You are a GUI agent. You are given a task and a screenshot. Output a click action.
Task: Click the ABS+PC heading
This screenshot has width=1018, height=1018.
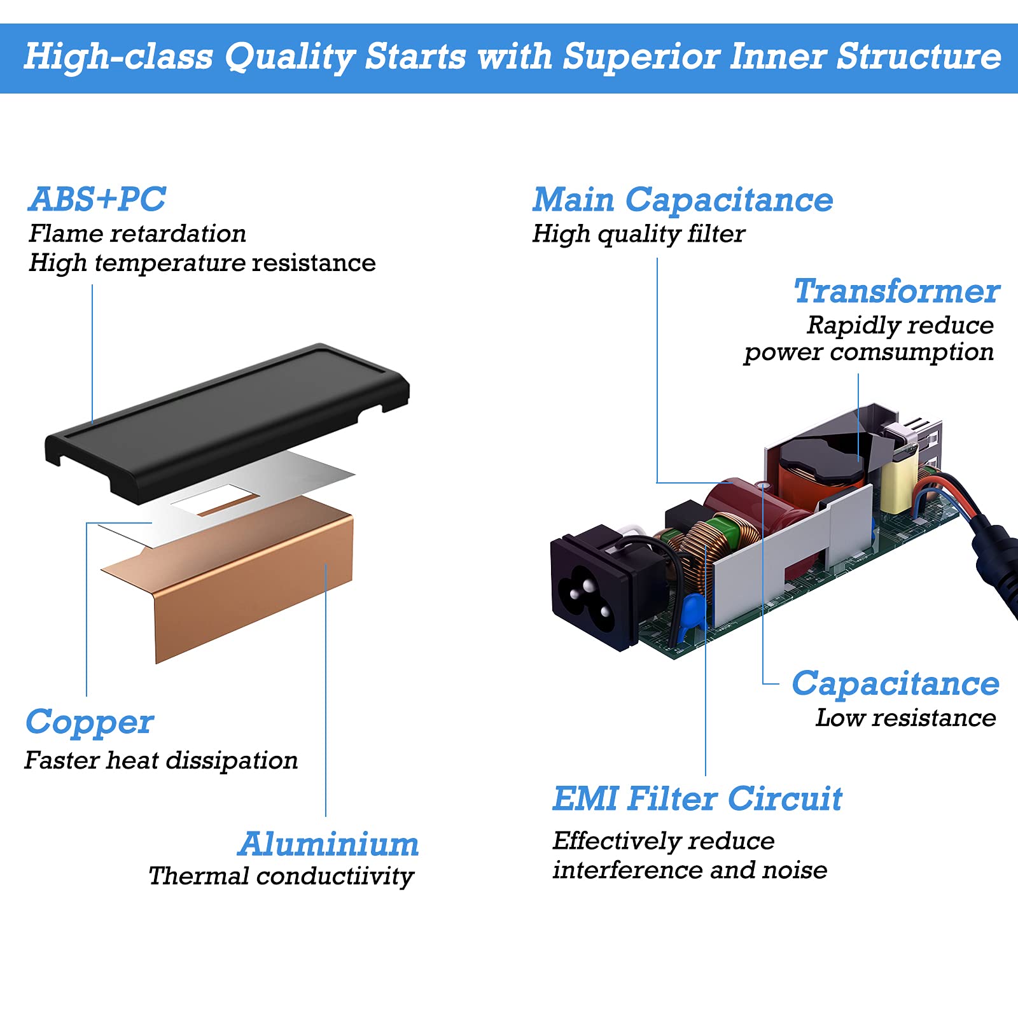[x=97, y=199]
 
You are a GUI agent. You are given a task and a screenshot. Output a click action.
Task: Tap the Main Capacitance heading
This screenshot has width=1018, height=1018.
[x=682, y=200]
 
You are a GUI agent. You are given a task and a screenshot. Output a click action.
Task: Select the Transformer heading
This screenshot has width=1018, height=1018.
[x=896, y=292]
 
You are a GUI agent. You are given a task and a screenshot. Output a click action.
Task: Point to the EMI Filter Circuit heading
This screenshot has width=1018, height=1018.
[x=697, y=799]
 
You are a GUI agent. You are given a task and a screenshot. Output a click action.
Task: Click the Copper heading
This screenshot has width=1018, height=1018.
[x=90, y=723]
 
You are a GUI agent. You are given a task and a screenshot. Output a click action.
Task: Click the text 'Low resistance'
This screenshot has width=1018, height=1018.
[x=905, y=718]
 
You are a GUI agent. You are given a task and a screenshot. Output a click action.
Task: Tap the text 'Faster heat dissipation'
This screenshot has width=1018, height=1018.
[x=161, y=760]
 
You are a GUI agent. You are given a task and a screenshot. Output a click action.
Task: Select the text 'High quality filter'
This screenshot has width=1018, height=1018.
[x=638, y=234]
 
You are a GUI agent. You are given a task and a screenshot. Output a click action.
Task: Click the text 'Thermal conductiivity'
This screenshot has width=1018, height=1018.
[x=281, y=876]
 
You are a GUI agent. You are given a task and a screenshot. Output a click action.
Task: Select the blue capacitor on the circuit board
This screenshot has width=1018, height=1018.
[x=692, y=611]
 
